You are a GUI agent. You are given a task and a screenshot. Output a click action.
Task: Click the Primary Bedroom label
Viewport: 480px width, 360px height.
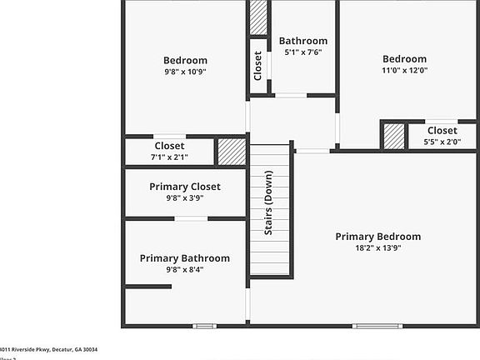377,237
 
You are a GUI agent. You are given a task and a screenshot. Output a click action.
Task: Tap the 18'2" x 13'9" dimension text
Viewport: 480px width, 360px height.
377,248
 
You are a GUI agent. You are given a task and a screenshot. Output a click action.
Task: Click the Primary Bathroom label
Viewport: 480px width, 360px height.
184,258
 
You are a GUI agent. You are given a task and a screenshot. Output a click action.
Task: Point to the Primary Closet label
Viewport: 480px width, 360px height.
184,187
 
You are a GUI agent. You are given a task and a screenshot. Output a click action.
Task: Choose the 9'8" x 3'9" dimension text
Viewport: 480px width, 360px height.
184,198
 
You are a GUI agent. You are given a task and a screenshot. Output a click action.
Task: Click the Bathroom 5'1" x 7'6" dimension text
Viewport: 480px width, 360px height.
302,52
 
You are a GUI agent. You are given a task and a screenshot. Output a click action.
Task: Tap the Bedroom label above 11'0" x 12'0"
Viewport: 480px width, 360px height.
404,59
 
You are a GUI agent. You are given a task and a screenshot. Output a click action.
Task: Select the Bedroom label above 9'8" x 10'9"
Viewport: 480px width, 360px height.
185,60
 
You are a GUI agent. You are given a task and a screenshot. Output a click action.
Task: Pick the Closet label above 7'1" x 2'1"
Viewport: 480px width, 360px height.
169,146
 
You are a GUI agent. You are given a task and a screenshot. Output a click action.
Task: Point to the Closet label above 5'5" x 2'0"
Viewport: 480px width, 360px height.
442,131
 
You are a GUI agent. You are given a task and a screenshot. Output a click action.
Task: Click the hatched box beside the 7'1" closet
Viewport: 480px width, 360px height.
231,152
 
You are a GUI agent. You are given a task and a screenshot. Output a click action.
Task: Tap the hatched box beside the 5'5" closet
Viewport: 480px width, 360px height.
393,136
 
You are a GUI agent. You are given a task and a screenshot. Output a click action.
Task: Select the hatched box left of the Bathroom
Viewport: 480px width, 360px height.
258,17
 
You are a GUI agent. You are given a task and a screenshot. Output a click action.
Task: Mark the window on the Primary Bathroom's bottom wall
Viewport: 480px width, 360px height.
204,326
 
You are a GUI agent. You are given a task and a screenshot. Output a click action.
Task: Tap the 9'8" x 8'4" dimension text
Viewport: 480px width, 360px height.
184,269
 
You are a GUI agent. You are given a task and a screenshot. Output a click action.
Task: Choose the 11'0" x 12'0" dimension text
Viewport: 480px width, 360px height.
404,71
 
